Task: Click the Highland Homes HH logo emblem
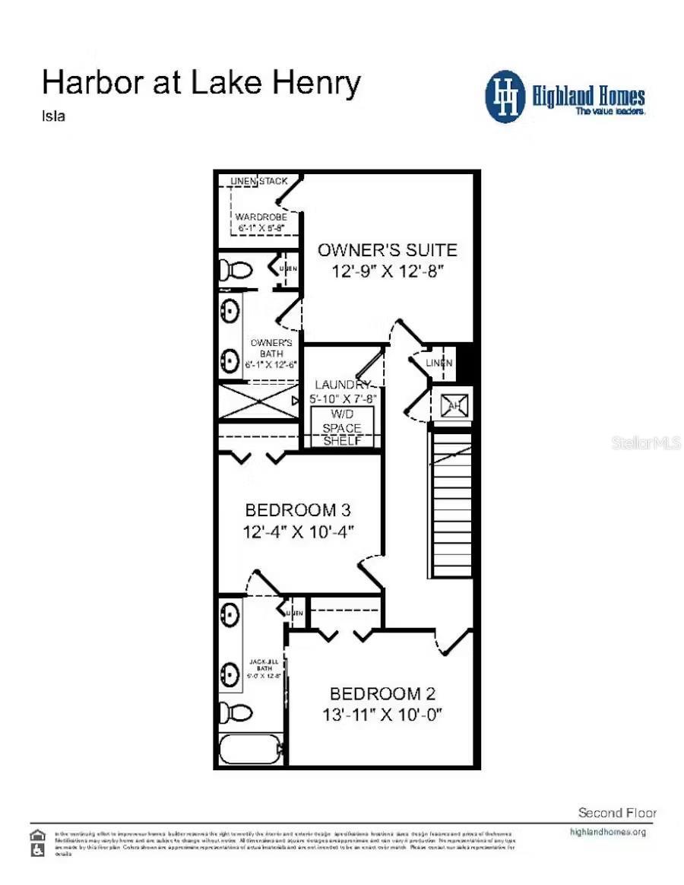click(505, 97)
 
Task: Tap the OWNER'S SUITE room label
click(387, 250)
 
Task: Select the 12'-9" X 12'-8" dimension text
click(387, 271)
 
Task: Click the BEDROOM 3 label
click(299, 509)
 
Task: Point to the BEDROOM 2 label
click(382, 693)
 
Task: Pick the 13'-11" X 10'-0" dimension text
click(382, 715)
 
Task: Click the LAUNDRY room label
click(343, 385)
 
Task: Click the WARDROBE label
click(261, 217)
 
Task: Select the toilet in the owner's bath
click(236, 269)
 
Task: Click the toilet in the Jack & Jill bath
click(238, 712)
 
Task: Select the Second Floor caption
click(617, 813)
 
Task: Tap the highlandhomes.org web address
click(607, 832)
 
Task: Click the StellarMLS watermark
click(645, 442)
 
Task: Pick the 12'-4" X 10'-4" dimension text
click(299, 531)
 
